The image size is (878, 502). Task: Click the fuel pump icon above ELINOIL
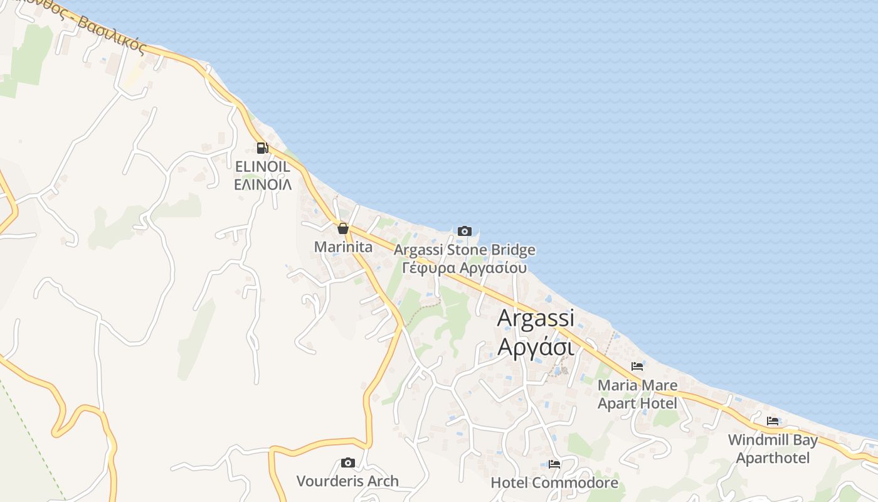coord(262,148)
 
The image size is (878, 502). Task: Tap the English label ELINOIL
coord(262,167)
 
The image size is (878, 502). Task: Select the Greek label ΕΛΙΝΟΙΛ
coord(262,184)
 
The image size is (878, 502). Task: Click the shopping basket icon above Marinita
coord(342,228)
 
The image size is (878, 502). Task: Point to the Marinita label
coord(343,247)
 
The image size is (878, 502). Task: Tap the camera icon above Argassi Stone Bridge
coord(464,231)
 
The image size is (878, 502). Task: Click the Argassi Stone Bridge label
coord(465,250)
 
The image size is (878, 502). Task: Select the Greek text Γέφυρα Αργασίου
coord(464,268)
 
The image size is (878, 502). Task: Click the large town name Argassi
coord(535,318)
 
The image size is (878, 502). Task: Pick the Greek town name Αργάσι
coord(535,346)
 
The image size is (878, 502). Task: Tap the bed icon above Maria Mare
coord(637,366)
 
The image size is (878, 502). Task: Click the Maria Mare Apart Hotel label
coord(637,394)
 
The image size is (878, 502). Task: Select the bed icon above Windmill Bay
coord(773,421)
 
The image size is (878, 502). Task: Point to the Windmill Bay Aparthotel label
coord(773,449)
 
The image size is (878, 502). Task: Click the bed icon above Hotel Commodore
coord(554,464)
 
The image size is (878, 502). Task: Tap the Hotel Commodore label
coord(554,483)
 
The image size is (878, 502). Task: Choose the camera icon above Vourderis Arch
coord(347,463)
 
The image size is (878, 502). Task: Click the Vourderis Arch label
coord(347,481)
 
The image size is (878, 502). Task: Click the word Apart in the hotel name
coord(618,403)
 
